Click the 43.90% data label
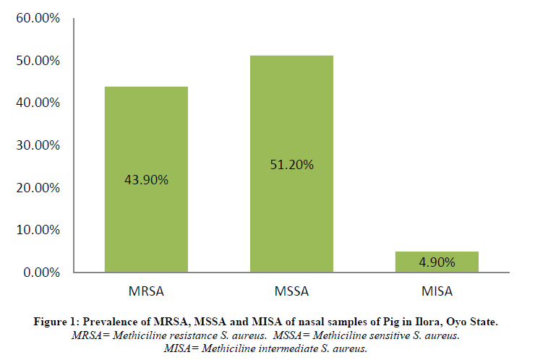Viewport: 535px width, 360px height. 146,180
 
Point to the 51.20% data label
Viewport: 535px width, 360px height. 291,165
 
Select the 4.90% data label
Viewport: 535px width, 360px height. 437,262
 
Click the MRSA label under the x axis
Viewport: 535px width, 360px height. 146,292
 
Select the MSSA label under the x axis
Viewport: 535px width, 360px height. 291,292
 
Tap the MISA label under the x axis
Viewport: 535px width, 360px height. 437,292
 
